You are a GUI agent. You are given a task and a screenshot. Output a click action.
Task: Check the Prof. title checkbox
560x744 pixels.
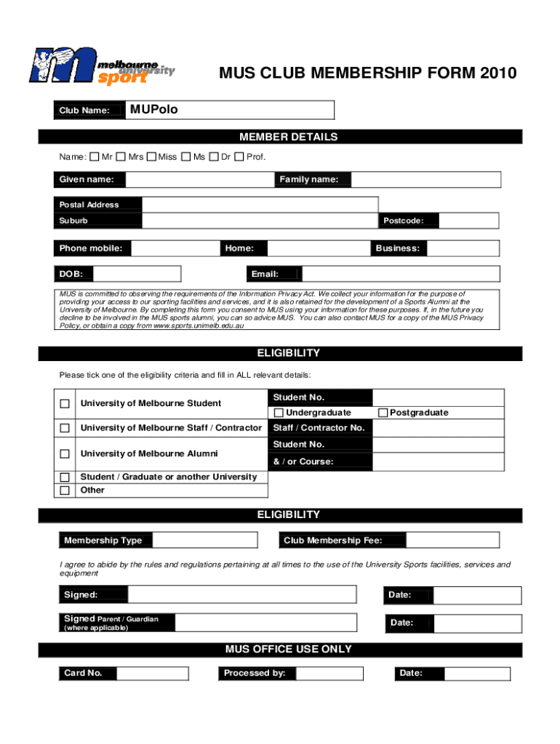pos(239,157)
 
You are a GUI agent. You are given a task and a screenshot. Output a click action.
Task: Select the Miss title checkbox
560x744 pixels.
pos(151,157)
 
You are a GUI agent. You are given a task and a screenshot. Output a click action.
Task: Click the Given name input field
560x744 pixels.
pos(199,179)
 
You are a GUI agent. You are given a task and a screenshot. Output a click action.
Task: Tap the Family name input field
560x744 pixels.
pos(425,179)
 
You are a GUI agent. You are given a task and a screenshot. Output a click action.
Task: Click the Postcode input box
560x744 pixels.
pos(469,221)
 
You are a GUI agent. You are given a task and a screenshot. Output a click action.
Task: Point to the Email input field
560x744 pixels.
pos(400,274)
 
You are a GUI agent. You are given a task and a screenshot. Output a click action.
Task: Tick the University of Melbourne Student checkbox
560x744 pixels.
pos(65,404)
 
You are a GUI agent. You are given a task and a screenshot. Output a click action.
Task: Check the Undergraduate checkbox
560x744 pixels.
pos(279,413)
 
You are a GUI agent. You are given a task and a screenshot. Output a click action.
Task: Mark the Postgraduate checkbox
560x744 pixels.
pos(383,413)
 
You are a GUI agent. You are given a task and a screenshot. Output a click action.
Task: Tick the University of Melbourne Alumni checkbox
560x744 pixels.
pos(65,454)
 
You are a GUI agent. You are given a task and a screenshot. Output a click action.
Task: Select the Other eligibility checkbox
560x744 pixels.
pos(65,490)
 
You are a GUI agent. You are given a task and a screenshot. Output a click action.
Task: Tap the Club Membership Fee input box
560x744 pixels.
pos(452,541)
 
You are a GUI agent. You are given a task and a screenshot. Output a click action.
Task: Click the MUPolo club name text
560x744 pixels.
pos(153,110)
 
